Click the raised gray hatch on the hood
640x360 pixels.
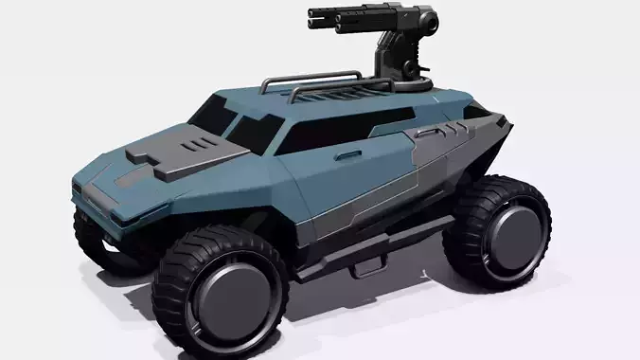click(189, 154)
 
